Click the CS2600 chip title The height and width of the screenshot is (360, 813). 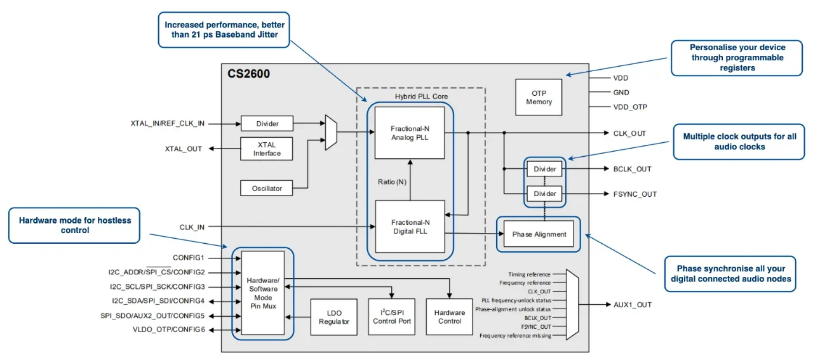point(249,74)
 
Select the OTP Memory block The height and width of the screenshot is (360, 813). point(539,97)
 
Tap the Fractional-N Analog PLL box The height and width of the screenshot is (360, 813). point(410,133)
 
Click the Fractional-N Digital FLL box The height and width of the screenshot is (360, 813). point(410,227)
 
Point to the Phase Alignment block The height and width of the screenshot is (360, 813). point(539,234)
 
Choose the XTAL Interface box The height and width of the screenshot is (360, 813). point(267,149)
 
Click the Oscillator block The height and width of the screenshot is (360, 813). point(267,188)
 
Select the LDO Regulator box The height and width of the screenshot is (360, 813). point(334,317)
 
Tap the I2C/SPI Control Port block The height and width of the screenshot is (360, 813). point(391,317)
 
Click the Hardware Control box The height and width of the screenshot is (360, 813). point(450,317)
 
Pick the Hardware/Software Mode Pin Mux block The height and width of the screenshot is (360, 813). point(263,293)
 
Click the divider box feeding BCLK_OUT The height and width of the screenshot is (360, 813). point(544,170)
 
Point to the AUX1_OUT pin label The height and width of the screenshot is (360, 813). point(632,305)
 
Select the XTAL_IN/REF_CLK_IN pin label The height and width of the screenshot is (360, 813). point(168,123)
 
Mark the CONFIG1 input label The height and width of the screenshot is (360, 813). point(189,258)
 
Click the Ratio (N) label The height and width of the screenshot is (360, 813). point(392,183)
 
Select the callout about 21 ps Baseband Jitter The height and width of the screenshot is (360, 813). point(224,29)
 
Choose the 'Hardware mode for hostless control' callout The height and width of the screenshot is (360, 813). point(74,225)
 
